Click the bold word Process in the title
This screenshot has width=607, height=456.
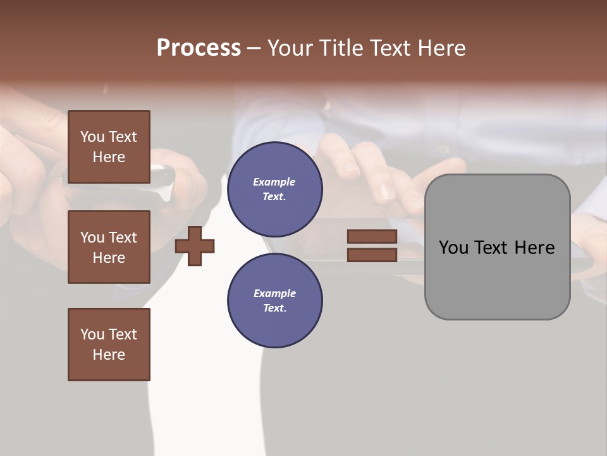(199, 48)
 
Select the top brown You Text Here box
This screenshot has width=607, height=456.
(109, 147)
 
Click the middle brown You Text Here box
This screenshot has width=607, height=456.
(109, 247)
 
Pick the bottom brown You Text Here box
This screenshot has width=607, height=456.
(109, 344)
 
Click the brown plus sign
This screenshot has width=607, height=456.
(195, 246)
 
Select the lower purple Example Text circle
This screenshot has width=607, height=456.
(274, 301)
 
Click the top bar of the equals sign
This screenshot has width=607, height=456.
(372, 237)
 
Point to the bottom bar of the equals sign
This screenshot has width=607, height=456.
(372, 255)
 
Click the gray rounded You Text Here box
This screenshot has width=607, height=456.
(497, 247)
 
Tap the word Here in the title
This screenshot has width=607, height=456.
(440, 48)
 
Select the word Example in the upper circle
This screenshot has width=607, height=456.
(274, 182)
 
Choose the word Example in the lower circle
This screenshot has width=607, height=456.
(274, 293)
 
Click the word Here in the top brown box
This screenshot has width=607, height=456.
(109, 157)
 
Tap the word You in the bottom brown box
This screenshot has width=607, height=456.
(92, 334)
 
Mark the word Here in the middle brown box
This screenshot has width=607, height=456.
(109, 258)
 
